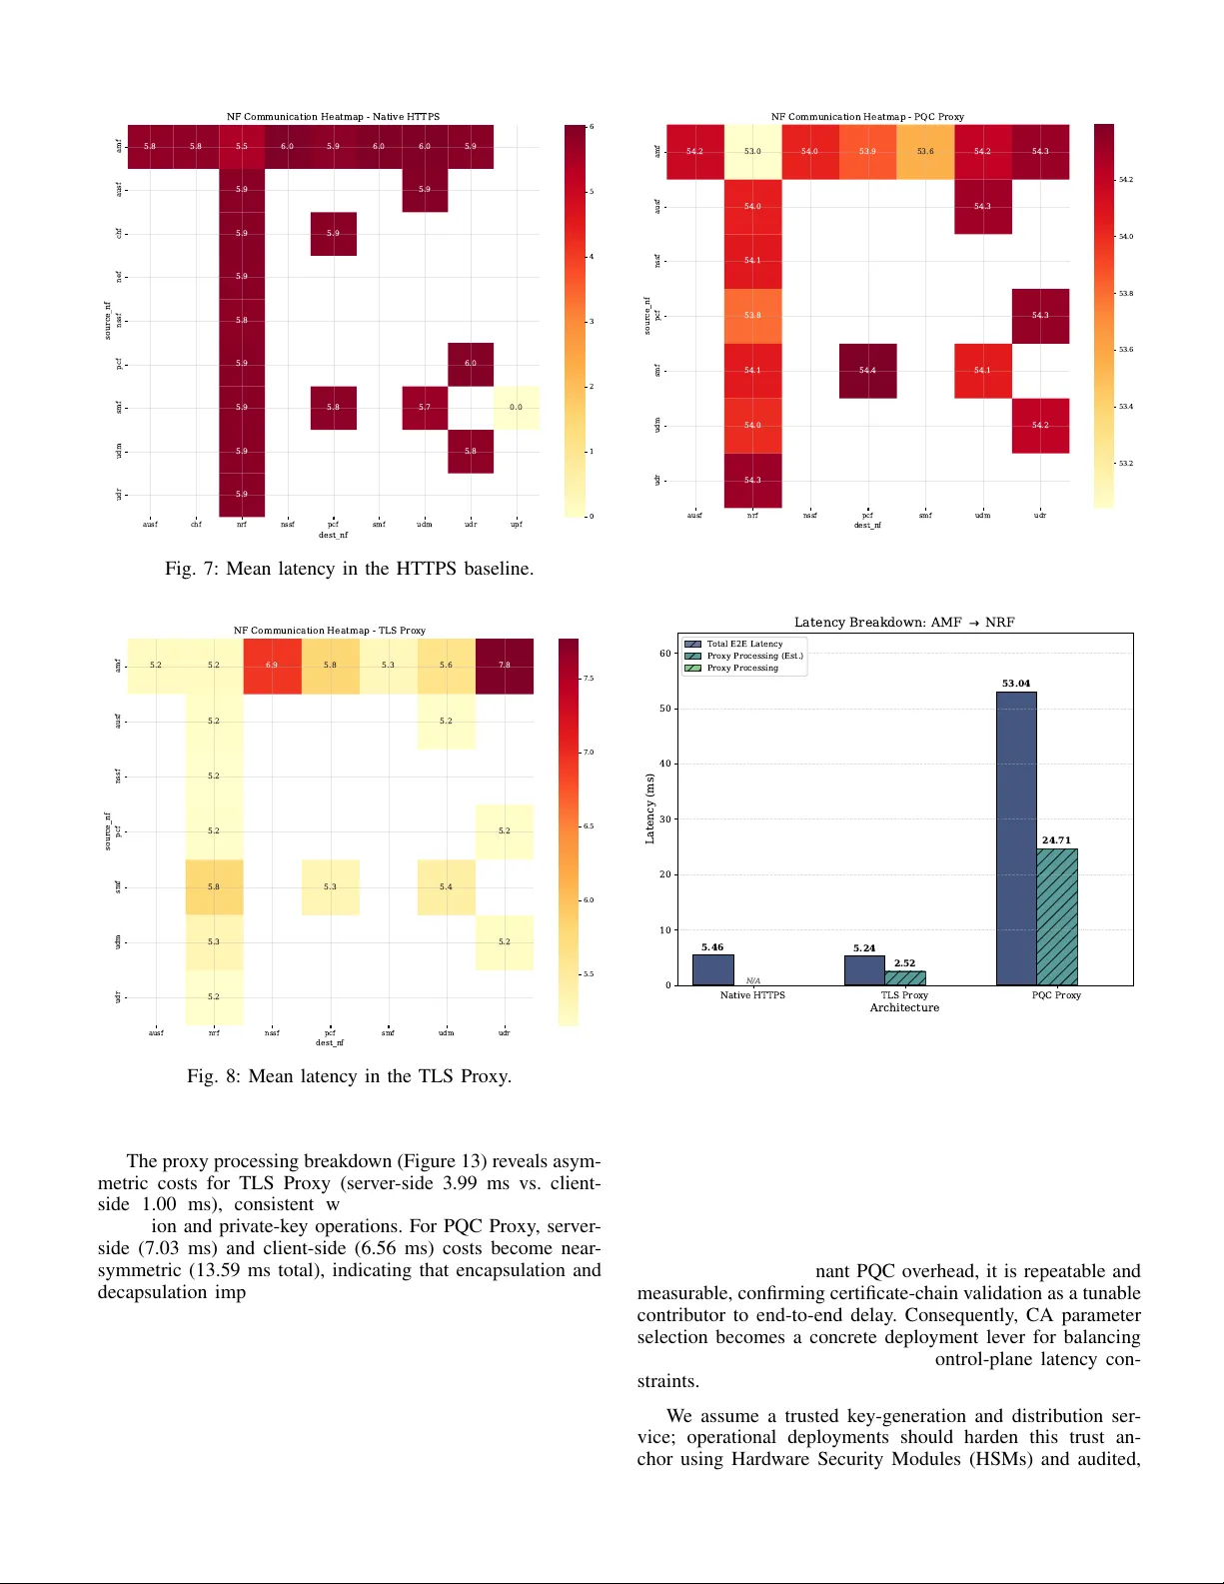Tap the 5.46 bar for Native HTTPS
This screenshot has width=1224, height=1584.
pyautogui.click(x=712, y=969)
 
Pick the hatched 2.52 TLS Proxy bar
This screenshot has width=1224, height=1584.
pyautogui.click(x=905, y=977)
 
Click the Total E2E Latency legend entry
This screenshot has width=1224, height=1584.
pyautogui.click(x=744, y=644)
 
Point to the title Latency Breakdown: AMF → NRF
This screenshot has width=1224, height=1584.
pyautogui.click(x=904, y=622)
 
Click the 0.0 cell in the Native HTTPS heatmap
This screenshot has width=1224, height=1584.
pyautogui.click(x=516, y=408)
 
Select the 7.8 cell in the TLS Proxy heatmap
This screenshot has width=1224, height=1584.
pyautogui.click(x=505, y=666)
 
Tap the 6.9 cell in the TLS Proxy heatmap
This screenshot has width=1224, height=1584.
pyautogui.click(x=272, y=666)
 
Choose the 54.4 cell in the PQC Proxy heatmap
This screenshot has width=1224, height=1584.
pyautogui.click(x=867, y=371)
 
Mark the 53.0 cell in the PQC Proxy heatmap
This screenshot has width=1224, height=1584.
pyautogui.click(x=752, y=152)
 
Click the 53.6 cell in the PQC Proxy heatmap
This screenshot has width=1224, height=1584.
pyautogui.click(x=925, y=152)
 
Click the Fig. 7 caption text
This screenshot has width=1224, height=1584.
pyautogui.click(x=349, y=569)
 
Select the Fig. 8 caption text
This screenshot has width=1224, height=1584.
pyautogui.click(x=349, y=1076)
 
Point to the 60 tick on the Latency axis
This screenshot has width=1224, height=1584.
pyautogui.click(x=665, y=654)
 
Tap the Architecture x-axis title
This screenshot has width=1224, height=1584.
pyautogui.click(x=904, y=1007)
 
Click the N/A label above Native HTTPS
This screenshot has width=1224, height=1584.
pyautogui.click(x=753, y=980)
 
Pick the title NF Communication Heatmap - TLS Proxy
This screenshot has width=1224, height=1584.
pyautogui.click(x=330, y=631)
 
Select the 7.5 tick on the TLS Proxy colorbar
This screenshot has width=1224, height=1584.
pyautogui.click(x=589, y=679)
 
